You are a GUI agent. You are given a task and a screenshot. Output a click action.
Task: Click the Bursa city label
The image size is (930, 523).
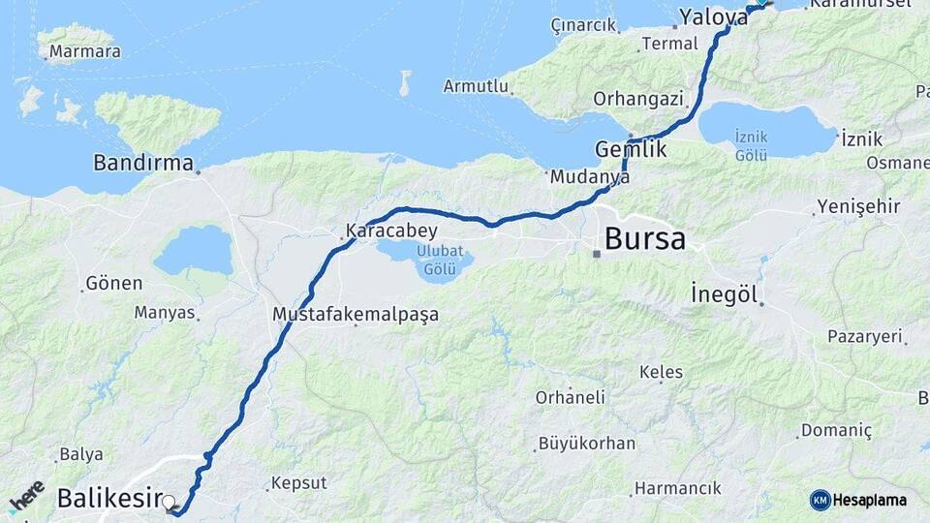tap(644, 238)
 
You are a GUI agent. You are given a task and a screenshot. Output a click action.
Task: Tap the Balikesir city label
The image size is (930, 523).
tap(108, 499)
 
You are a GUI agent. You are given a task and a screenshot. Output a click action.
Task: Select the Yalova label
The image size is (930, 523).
tap(713, 16)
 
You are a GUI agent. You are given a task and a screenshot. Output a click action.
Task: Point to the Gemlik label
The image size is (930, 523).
tap(631, 150)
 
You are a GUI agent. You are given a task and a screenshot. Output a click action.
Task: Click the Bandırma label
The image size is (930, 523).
tap(143, 163)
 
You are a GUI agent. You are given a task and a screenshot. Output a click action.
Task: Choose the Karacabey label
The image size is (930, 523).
tap(391, 231)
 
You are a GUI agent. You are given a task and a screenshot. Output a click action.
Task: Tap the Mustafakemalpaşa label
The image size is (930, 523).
tap(356, 315)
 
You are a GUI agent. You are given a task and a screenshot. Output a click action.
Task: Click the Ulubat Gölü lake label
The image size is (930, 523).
tap(439, 261)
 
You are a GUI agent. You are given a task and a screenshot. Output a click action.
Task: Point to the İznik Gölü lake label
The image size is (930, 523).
tap(751, 145)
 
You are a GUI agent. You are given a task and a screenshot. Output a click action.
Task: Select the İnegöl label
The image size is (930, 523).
tap(723, 293)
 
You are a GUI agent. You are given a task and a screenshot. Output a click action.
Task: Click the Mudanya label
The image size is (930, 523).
tap(589, 177)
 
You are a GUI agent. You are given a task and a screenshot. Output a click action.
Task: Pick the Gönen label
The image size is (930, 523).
tap(114, 284)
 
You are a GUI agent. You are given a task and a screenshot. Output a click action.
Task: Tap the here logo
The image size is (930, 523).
tap(26, 497)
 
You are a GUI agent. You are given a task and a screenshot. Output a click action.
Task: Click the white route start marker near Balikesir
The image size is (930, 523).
tap(170, 503)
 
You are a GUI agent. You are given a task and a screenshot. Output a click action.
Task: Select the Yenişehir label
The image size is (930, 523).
tap(858, 206)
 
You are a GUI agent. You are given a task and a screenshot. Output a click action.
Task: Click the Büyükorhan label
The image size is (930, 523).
tap(587, 444)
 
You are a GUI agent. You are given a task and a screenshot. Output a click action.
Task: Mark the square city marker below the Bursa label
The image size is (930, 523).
tap(598, 255)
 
